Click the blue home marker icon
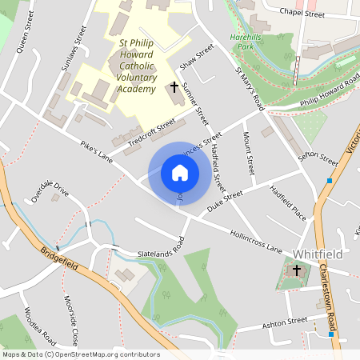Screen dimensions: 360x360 [x=180, y=173]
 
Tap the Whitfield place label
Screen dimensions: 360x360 [x=317, y=254]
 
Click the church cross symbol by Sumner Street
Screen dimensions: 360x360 [x=175, y=86]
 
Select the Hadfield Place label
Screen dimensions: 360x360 [x=288, y=203]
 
